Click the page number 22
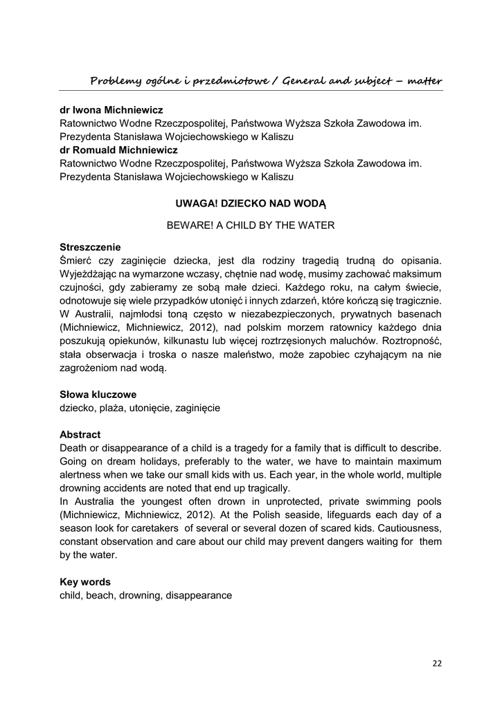pyautogui.click(x=437, y=663)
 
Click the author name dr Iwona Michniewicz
pyautogui.click(x=111, y=110)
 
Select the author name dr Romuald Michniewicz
pyautogui.click(x=118, y=150)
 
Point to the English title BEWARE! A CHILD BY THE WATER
pyautogui.click(x=251, y=225)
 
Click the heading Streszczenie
pyautogui.click(x=90, y=247)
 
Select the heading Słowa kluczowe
pyautogui.click(x=98, y=395)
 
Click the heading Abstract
pyautogui.click(x=80, y=435)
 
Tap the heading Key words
pyautogui.click(x=85, y=582)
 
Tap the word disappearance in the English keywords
pyautogui.click(x=199, y=595)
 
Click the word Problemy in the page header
pyautogui.click(x=115, y=82)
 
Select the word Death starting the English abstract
pyautogui.click(x=74, y=448)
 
